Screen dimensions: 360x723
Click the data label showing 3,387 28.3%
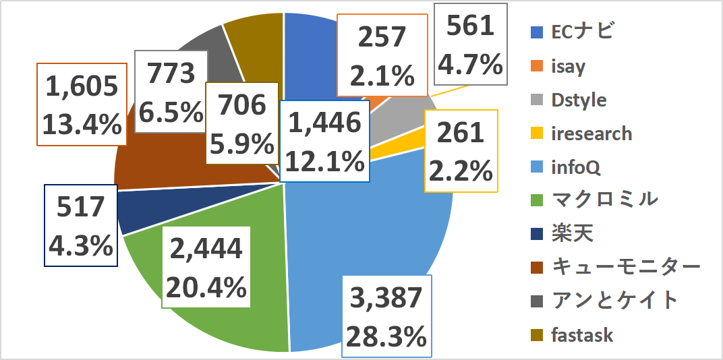[x=386, y=316]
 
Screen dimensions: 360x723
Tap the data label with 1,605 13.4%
[x=82, y=104]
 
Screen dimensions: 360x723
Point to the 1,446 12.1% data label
[x=325, y=141]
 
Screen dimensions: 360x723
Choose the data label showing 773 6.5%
[x=170, y=90]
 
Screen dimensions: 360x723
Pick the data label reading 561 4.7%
[x=471, y=45]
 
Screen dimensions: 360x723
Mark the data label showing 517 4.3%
[x=80, y=226]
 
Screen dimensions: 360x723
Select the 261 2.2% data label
[x=461, y=151]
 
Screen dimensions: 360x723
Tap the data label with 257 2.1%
[x=382, y=56]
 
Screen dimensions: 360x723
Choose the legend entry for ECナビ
[x=573, y=31]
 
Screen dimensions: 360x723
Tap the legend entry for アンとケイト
[x=604, y=301]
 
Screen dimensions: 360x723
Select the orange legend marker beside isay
[x=538, y=67]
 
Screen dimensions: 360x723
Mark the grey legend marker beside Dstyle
[x=538, y=100]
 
